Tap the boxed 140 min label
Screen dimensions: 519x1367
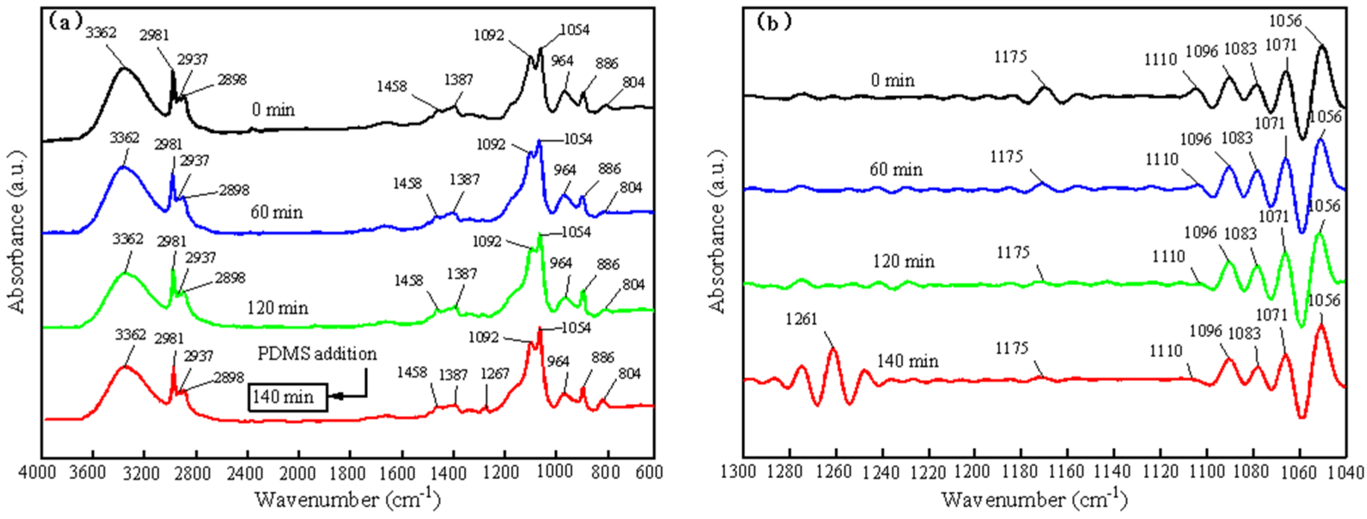pyautogui.click(x=287, y=397)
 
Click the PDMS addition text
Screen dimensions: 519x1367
pyautogui.click(x=317, y=354)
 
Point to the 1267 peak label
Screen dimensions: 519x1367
pyautogui.click(x=495, y=375)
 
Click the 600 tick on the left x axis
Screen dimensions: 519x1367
pyautogui.click(x=648, y=472)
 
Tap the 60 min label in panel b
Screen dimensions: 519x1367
pyautogui.click(x=896, y=170)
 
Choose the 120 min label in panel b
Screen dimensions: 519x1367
pyautogui.click(x=903, y=261)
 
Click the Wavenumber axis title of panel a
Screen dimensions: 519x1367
pyautogui.click(x=348, y=499)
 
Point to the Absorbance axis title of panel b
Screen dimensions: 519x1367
pyautogui.click(x=717, y=231)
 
